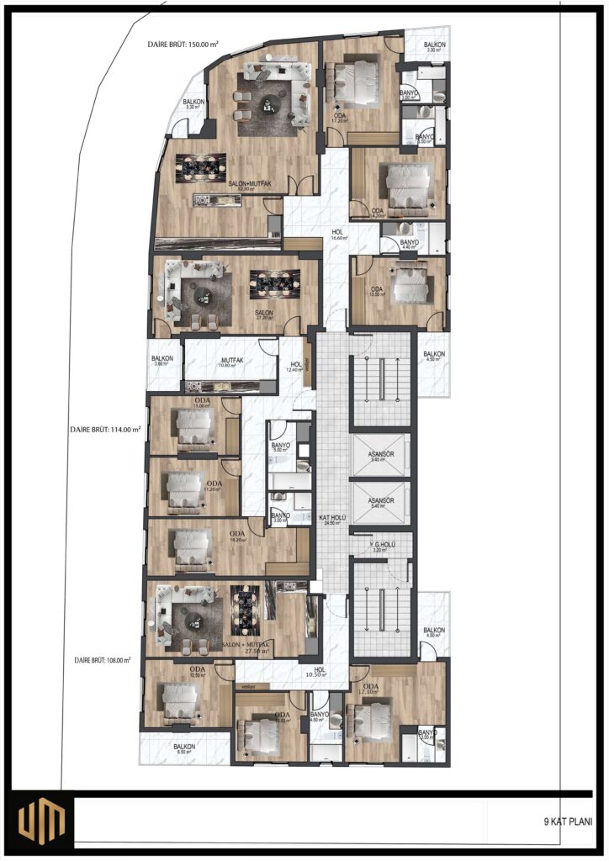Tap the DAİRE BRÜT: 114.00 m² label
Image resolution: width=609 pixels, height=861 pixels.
[105, 429]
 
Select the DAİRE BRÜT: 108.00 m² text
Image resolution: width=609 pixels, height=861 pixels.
[102, 661]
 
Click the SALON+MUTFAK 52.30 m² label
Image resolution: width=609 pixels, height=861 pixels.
[250, 186]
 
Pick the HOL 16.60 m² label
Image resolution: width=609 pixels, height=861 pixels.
[339, 235]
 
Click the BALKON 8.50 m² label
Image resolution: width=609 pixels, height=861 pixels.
[184, 749]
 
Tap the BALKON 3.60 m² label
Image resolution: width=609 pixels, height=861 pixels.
[163, 361]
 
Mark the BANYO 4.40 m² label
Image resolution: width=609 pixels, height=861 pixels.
[410, 244]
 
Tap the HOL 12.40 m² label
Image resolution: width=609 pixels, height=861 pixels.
[294, 367]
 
